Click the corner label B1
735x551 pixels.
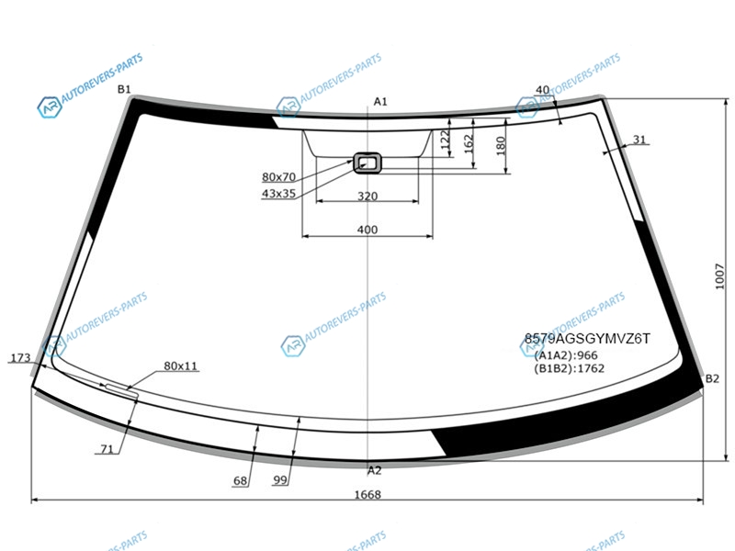coord(124,89)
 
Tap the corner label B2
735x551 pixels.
coord(712,378)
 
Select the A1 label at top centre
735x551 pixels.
coord(380,102)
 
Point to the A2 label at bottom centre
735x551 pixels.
coord(375,470)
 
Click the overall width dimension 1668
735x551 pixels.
coord(367,494)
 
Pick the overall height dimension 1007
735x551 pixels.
coord(720,276)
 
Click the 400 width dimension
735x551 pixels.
coord(367,230)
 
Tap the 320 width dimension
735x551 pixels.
coord(367,196)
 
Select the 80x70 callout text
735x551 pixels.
coord(278,177)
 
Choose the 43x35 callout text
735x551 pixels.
coord(278,194)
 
